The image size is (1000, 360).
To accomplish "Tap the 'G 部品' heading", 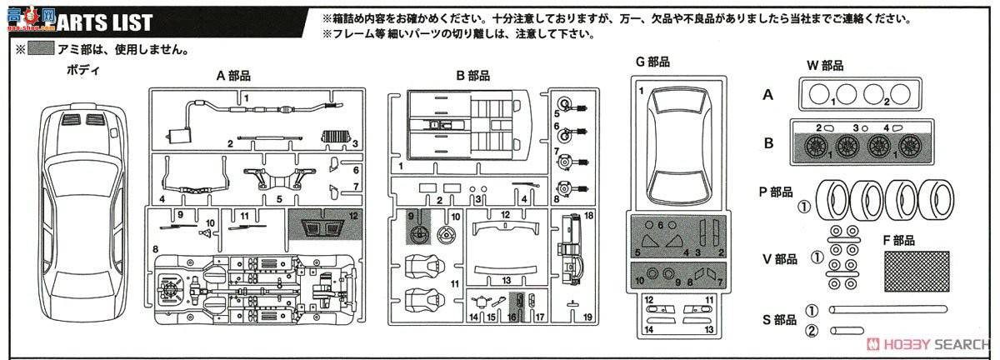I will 652,62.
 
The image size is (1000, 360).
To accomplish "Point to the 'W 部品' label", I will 825,65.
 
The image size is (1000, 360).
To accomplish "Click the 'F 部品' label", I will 897,240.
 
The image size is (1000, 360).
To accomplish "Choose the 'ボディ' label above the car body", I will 83,70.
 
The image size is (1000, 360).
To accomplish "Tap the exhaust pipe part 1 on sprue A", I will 250,107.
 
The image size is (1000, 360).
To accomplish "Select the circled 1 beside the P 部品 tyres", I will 804,206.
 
